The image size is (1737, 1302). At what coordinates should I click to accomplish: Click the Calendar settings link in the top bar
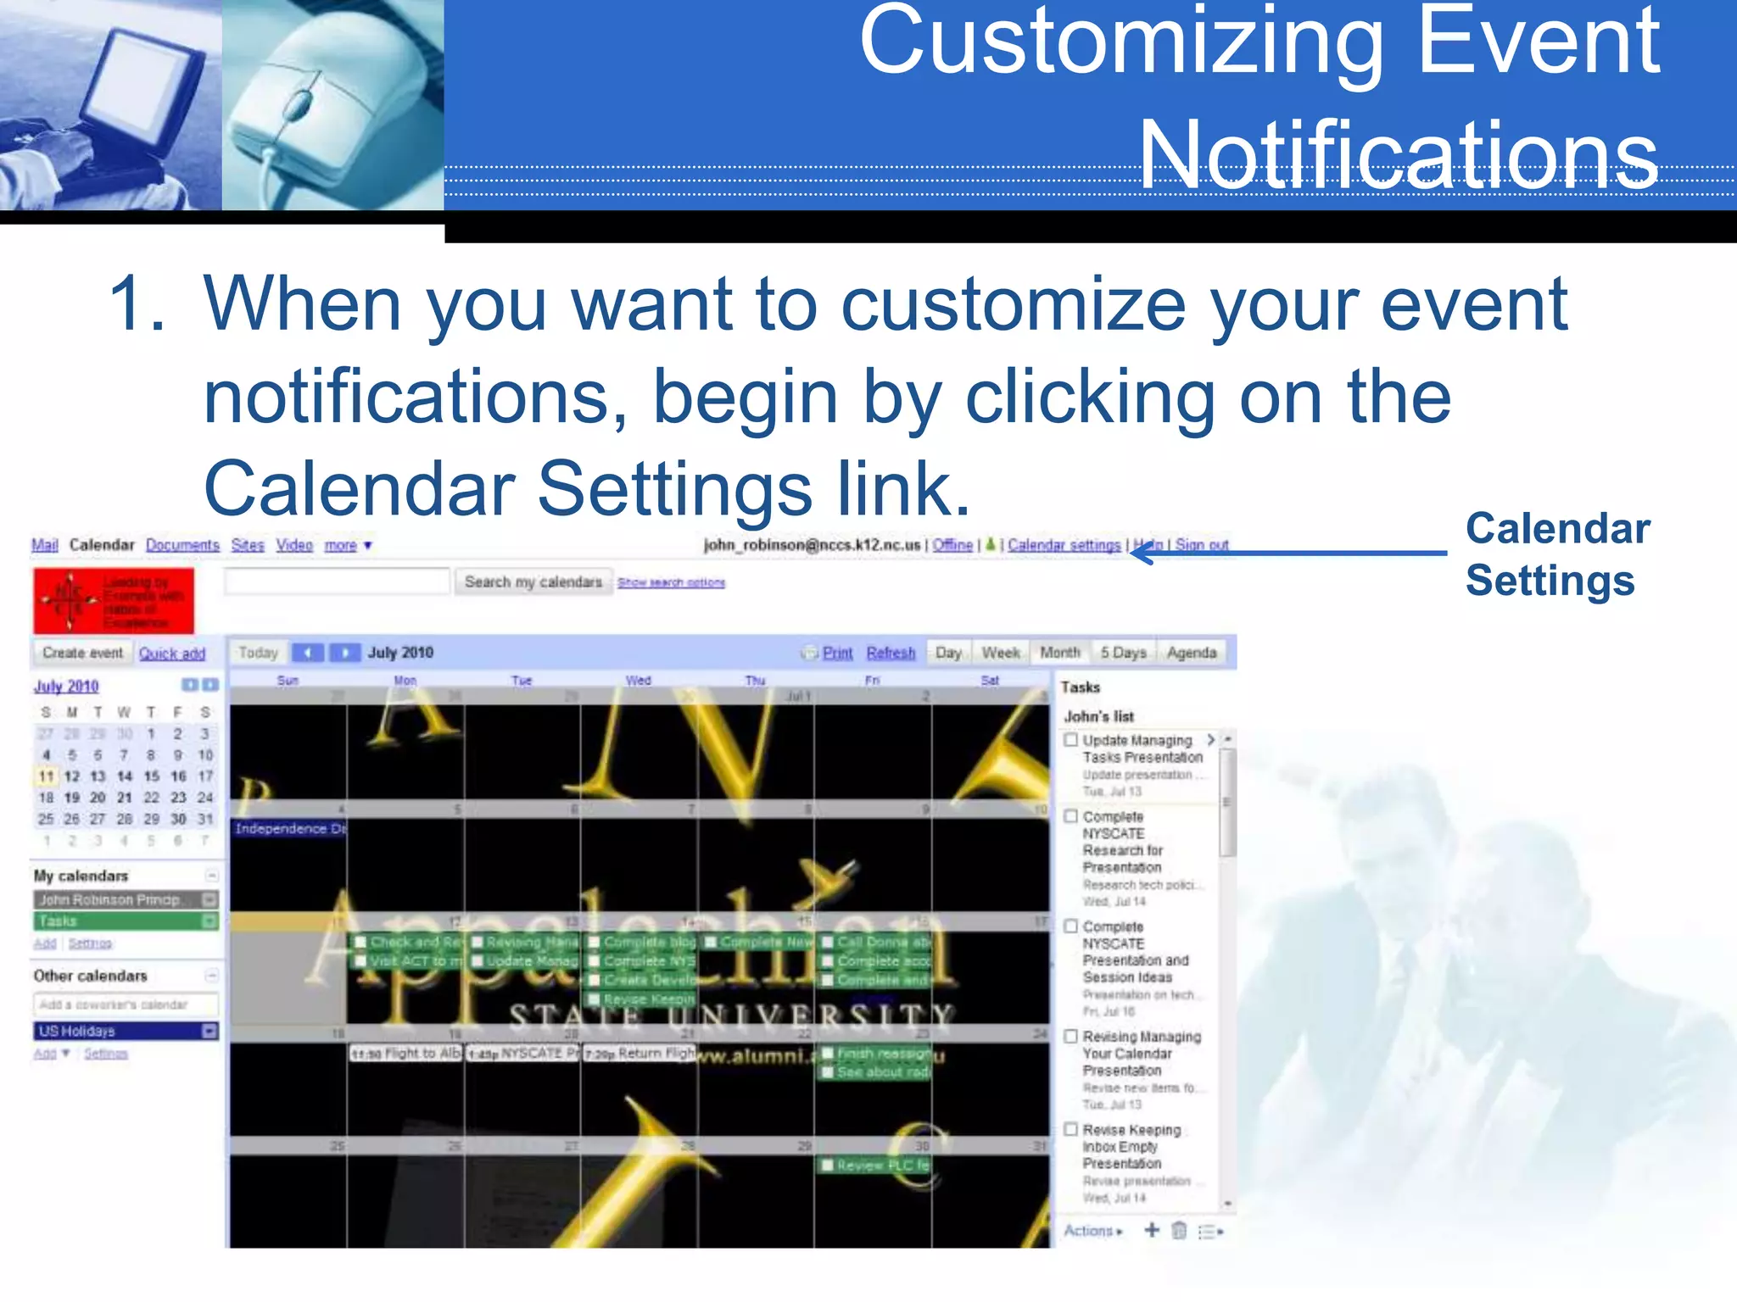(1064, 545)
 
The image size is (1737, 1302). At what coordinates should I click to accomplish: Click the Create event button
(82, 653)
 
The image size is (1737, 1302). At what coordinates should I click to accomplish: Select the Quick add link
(171, 654)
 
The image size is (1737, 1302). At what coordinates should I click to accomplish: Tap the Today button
(258, 653)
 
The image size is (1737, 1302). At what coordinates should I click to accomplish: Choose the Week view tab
(1000, 653)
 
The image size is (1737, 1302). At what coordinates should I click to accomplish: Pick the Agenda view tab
(1191, 653)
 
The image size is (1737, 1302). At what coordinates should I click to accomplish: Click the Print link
(837, 653)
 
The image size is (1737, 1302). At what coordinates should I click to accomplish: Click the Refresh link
(891, 653)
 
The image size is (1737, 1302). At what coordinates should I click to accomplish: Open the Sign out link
(1202, 545)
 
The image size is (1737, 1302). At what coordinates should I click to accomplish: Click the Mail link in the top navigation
(44, 545)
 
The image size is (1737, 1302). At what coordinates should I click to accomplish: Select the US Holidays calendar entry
(119, 1031)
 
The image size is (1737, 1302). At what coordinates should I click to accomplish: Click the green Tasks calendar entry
(119, 921)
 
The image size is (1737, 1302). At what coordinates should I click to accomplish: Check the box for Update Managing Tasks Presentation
(1071, 740)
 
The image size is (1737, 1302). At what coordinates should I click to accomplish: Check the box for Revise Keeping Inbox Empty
(1071, 1129)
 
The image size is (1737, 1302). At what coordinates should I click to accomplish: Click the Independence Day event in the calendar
(289, 828)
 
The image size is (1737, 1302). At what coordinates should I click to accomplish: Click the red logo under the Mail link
(113, 600)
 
